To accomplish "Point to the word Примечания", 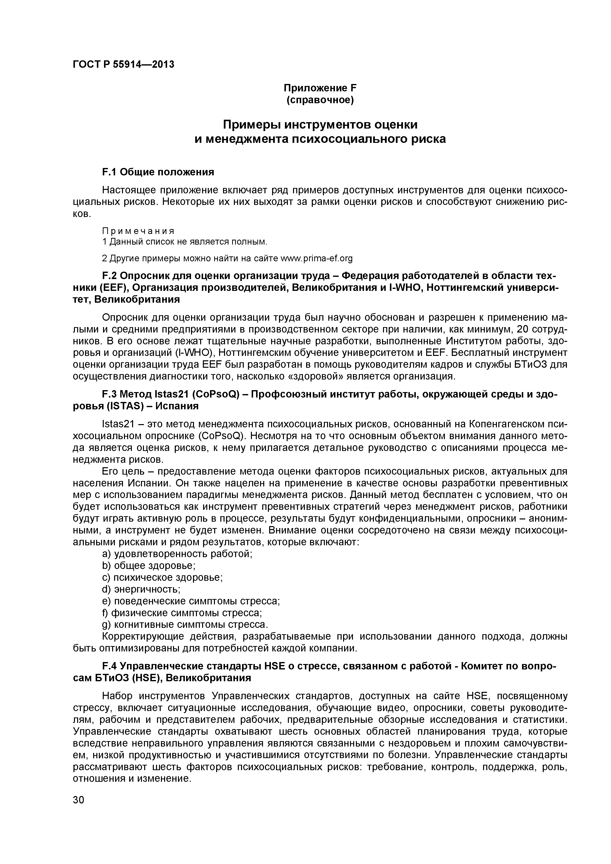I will click(138, 230).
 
